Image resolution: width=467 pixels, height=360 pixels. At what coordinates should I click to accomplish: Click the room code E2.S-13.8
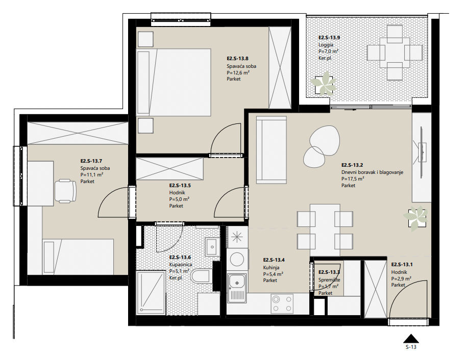[x=237, y=59]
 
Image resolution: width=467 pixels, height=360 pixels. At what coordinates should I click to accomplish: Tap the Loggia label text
[x=326, y=45]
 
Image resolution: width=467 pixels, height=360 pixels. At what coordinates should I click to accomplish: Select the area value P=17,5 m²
[x=353, y=179]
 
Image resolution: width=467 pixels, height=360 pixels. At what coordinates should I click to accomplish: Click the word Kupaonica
[x=181, y=265]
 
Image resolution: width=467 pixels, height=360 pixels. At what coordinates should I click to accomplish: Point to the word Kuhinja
[x=271, y=268]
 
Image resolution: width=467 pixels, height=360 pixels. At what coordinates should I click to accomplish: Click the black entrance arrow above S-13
[x=411, y=339]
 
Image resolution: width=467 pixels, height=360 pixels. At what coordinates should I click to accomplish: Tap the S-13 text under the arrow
[x=411, y=347]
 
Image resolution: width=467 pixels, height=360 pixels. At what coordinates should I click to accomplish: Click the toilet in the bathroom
[x=201, y=276]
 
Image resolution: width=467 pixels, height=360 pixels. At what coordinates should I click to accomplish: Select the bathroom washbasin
[x=211, y=247]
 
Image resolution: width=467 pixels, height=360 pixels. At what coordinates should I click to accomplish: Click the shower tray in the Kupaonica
[x=151, y=292]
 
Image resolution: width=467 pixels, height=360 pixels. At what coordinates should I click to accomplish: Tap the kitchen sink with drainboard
[x=237, y=288]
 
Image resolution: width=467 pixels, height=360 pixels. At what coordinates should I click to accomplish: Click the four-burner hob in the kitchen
[x=282, y=304]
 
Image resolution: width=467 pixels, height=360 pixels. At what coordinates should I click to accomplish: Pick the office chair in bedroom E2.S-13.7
[x=66, y=191]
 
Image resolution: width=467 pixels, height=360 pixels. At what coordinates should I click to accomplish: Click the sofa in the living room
[x=272, y=149]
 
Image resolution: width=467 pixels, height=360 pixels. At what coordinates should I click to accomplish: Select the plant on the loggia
[x=324, y=83]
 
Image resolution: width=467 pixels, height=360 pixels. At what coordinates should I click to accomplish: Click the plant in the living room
[x=415, y=218]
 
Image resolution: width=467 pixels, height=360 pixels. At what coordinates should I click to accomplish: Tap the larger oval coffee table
[x=324, y=140]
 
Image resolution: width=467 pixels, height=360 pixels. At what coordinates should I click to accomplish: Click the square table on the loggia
[x=395, y=53]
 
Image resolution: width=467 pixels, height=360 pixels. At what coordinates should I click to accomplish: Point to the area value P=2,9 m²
[x=401, y=278]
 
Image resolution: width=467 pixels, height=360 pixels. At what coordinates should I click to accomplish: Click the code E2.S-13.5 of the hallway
[x=180, y=186]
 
